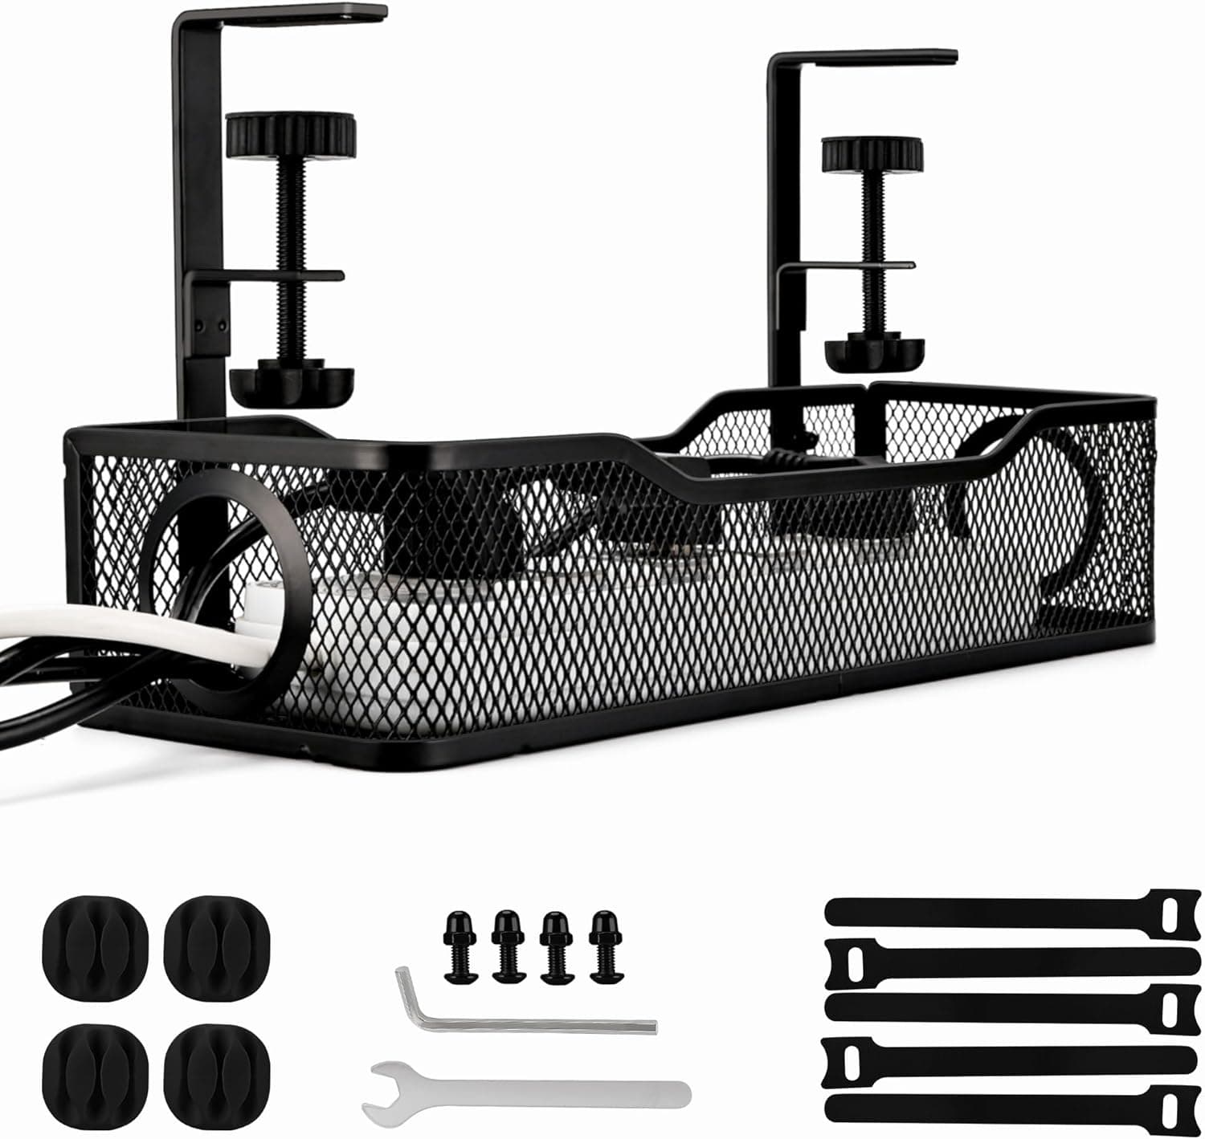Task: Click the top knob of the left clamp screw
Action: click(x=290, y=134)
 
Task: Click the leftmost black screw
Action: click(x=460, y=945)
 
